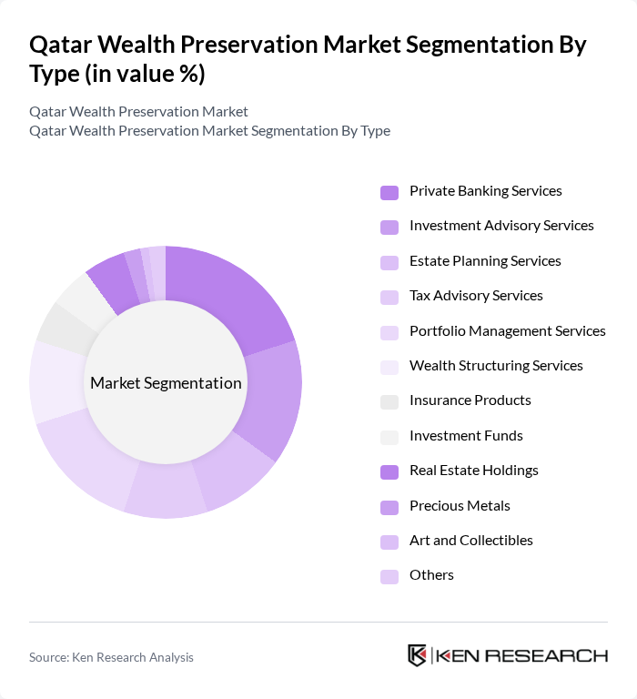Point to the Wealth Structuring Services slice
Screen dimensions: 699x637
click(56, 382)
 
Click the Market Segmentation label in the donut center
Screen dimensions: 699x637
click(166, 383)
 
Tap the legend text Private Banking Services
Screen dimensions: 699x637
click(485, 191)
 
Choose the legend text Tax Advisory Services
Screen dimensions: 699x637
click(476, 296)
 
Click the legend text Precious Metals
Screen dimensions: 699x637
click(460, 505)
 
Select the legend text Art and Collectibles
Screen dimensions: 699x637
click(470, 540)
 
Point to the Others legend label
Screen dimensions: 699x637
click(431, 575)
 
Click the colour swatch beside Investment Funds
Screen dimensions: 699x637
click(389, 437)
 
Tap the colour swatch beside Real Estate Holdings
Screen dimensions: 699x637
click(389, 471)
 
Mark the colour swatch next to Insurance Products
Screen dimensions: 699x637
click(389, 401)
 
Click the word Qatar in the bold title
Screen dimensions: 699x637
click(61, 45)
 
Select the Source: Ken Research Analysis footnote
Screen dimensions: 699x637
click(111, 657)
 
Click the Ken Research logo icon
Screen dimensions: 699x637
click(418, 656)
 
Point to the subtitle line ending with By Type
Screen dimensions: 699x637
click(209, 131)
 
